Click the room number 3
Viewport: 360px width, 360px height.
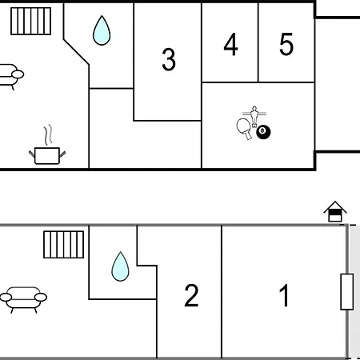169,59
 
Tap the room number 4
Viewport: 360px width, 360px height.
230,44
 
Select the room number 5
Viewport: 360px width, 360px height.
286,44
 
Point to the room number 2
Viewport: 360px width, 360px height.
191,295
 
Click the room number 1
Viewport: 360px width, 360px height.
284,295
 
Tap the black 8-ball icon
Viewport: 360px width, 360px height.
263,132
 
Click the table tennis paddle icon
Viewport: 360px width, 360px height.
245,129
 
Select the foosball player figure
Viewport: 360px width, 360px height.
254,116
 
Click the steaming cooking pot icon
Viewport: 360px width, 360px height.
47,155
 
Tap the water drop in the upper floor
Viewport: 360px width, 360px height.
102,30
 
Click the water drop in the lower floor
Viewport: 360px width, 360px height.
120,266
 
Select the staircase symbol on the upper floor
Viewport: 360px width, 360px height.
31,22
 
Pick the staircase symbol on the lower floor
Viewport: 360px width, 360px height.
64,245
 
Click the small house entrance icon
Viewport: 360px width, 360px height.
335,211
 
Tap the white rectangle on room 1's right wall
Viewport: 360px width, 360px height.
347,292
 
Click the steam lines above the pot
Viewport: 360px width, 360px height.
48,135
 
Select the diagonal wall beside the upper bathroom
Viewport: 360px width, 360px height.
76,52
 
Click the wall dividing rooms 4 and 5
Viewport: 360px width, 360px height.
258,42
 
